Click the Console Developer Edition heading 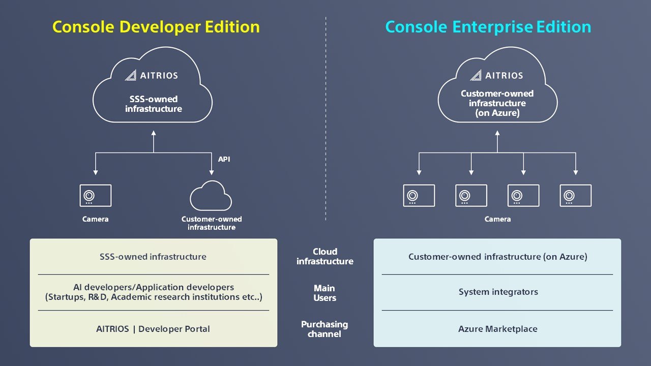tap(156, 27)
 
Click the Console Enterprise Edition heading tap(488, 27)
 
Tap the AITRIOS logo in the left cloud tap(152, 75)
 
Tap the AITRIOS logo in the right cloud tap(496, 75)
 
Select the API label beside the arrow tap(224, 159)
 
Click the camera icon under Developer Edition tap(95, 196)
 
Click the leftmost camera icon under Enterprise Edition tap(419, 196)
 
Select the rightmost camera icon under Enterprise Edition tap(575, 196)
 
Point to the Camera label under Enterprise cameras tap(497, 219)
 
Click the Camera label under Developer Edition tap(95, 219)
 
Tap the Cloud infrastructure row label tap(325, 256)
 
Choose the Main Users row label tap(324, 293)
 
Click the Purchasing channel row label tap(324, 329)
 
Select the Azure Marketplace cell tap(497, 329)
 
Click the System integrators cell tap(498, 292)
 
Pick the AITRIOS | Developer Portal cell tap(153, 329)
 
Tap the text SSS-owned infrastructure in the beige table tap(153, 257)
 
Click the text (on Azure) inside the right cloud tap(497, 113)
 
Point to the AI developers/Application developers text tap(153, 287)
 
